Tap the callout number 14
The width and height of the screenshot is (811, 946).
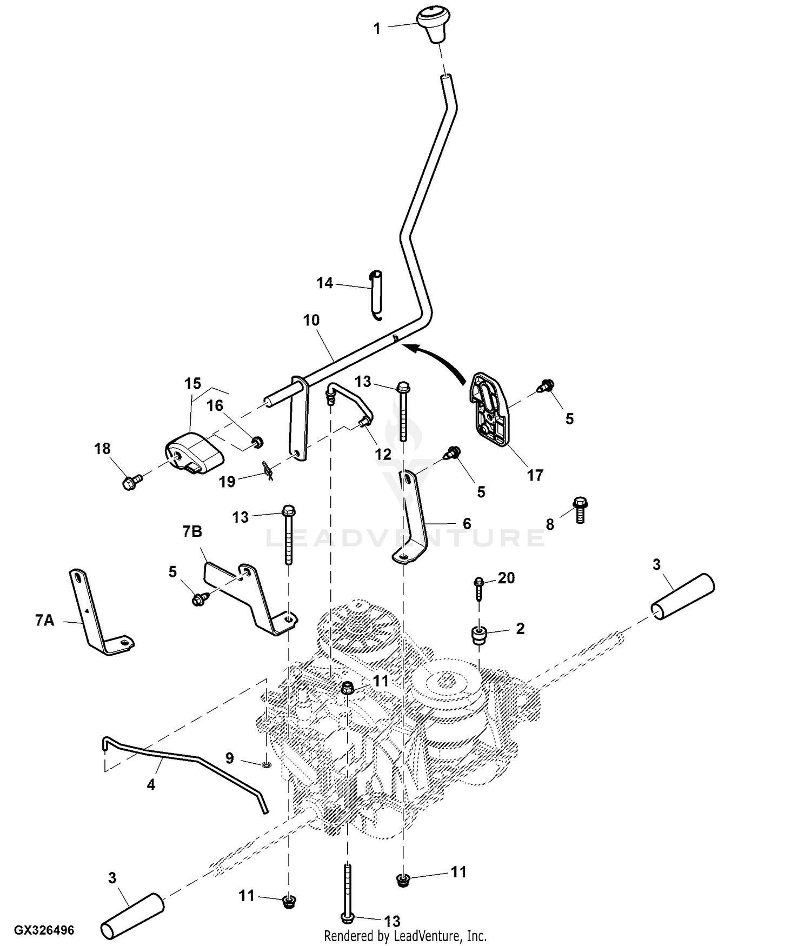[324, 283]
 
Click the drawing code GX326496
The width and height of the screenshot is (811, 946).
[44, 930]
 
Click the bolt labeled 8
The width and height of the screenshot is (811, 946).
[580, 509]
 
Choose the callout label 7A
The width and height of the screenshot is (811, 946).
[45, 621]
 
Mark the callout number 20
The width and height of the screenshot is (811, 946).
[506, 578]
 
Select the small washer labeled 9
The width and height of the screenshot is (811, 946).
[265, 764]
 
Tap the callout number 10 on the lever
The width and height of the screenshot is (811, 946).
[311, 320]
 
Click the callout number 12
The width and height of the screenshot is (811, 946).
[383, 455]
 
